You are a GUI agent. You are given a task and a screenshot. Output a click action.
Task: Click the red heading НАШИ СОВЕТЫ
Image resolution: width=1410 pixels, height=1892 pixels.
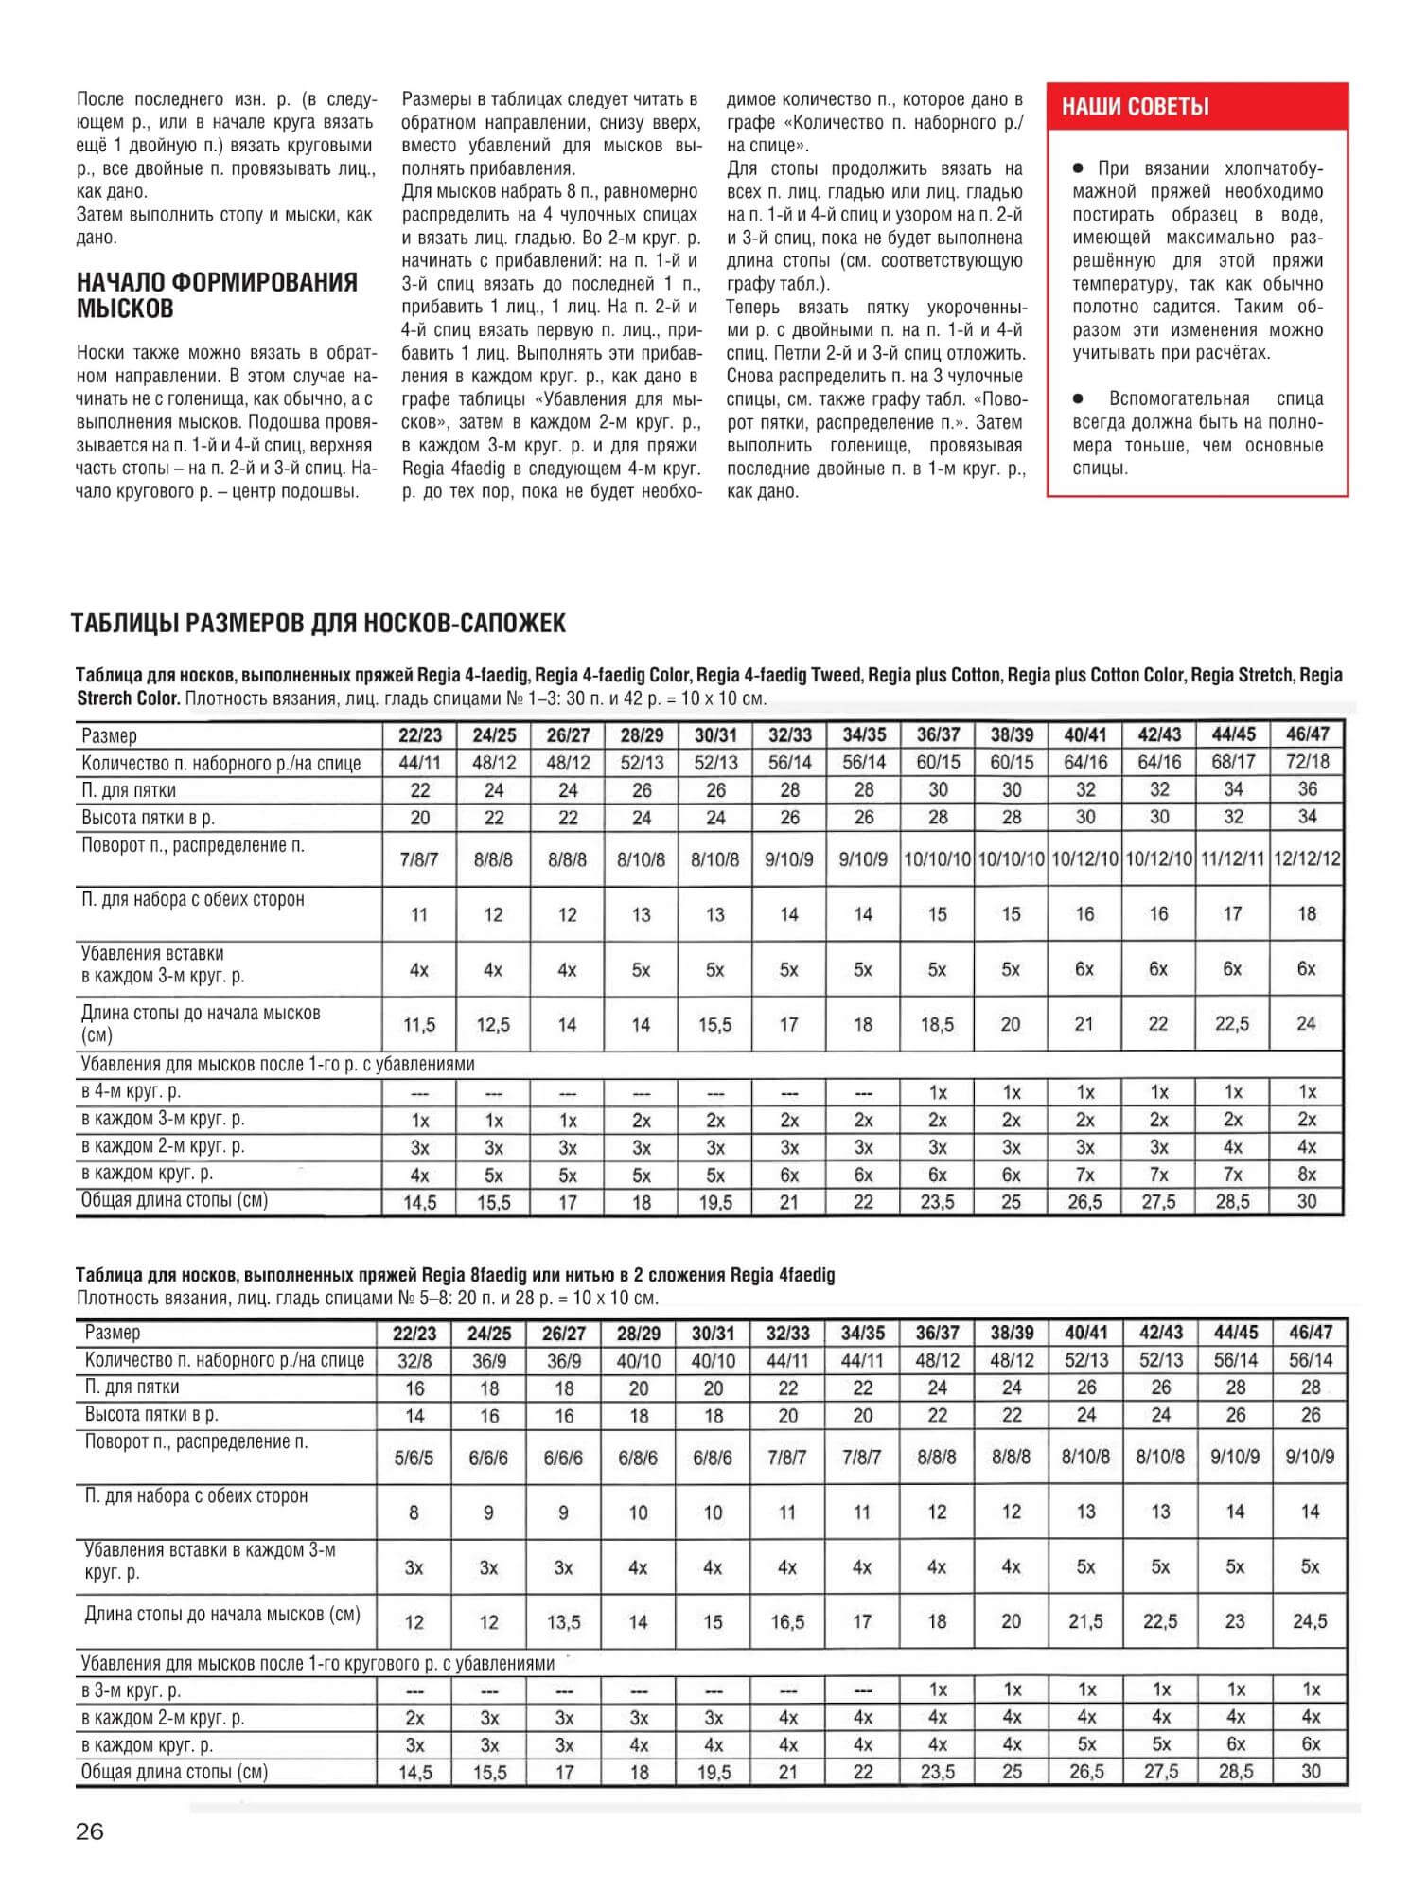(x=1135, y=107)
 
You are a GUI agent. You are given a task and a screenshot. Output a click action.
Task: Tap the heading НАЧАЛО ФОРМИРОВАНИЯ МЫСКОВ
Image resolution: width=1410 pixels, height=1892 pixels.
(x=217, y=295)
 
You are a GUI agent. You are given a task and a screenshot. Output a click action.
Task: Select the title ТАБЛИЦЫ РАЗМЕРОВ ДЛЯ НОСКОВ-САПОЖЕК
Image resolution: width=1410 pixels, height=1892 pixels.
(x=319, y=624)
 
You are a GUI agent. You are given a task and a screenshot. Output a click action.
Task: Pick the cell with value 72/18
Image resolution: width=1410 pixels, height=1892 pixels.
(x=1307, y=762)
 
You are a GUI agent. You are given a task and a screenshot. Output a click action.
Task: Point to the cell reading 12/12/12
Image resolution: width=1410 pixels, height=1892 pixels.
(x=1307, y=859)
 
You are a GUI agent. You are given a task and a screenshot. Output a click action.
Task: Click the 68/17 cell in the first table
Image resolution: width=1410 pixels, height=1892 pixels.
(x=1233, y=762)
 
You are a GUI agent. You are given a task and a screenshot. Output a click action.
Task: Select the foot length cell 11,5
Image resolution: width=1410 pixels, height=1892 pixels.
(x=419, y=1024)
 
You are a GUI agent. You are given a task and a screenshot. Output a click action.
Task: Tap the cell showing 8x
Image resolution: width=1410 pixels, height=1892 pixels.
(x=1307, y=1175)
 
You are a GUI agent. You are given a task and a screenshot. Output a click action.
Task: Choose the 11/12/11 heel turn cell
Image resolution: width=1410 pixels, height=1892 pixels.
(x=1233, y=859)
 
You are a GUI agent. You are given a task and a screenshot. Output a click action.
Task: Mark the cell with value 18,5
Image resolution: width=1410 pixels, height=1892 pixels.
(x=937, y=1024)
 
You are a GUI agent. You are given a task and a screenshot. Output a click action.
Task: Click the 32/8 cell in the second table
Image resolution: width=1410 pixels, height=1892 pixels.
(x=414, y=1361)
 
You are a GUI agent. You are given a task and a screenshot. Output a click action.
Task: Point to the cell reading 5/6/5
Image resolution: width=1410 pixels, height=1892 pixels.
(x=414, y=1458)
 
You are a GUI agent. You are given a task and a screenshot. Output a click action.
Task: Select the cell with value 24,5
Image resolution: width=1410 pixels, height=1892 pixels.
(x=1310, y=1621)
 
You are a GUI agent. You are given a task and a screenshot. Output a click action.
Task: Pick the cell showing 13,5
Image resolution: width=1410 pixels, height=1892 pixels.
(x=563, y=1621)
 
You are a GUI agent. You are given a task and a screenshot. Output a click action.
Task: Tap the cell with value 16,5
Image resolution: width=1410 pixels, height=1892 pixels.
(x=787, y=1621)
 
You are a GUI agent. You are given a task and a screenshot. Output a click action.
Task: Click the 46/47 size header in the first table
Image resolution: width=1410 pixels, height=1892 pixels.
(x=1307, y=734)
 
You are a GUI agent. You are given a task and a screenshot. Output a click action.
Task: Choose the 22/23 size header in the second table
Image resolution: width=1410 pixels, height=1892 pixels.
(x=414, y=1334)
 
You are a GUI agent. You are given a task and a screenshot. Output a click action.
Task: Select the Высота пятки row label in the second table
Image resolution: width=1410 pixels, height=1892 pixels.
(x=151, y=1415)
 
